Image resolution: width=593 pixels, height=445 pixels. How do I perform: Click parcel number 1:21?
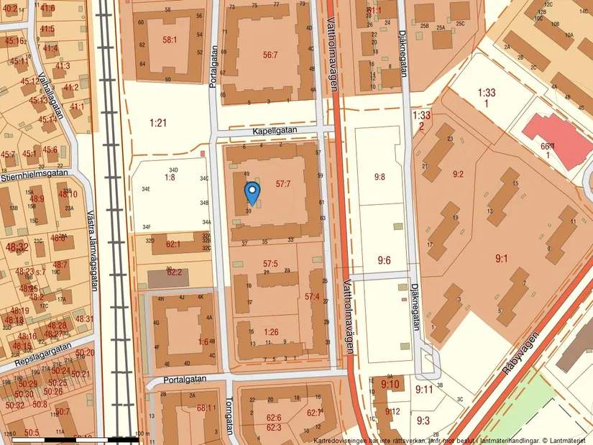(x=158, y=123)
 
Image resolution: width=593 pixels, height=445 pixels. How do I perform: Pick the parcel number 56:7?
(x=270, y=54)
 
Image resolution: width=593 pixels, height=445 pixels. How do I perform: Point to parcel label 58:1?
(x=170, y=40)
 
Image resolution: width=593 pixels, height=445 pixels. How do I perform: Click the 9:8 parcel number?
(x=379, y=176)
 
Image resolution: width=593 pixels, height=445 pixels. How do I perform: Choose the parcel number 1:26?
(x=270, y=331)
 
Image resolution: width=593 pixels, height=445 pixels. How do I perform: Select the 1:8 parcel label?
(x=170, y=177)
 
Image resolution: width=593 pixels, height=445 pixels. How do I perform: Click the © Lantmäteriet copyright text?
(x=564, y=439)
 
